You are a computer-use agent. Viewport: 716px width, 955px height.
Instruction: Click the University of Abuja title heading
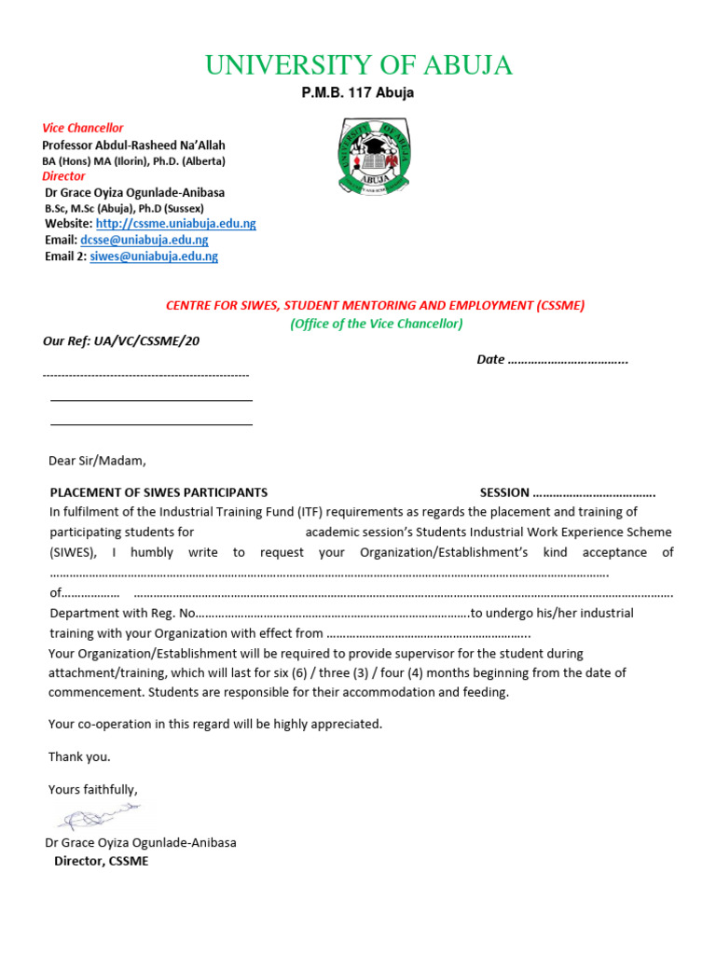click(x=358, y=65)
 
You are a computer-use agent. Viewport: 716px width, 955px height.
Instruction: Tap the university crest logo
click(x=377, y=156)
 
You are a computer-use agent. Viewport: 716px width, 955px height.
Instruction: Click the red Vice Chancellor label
click(x=82, y=128)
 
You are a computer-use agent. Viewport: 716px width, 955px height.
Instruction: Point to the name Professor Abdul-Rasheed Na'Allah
click(x=133, y=145)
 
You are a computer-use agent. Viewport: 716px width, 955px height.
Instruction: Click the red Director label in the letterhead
click(x=63, y=176)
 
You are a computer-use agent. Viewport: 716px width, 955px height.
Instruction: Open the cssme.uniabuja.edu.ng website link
click(x=175, y=224)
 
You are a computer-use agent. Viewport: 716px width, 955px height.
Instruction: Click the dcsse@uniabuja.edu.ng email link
click(x=145, y=240)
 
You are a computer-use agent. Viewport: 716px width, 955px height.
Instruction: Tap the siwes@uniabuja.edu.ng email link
click(x=154, y=256)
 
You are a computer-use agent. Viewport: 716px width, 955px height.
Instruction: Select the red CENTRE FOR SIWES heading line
click(x=375, y=305)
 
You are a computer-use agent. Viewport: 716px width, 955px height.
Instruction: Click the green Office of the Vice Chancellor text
click(x=376, y=324)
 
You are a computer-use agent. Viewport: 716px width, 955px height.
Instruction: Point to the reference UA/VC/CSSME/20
click(x=121, y=340)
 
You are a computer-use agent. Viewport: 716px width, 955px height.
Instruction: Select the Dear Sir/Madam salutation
click(x=97, y=460)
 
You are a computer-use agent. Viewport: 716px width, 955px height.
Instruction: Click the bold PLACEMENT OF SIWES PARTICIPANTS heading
click(x=158, y=492)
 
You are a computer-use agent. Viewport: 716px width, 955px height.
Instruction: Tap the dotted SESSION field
click(x=593, y=492)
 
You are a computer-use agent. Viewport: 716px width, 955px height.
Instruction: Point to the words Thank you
click(x=79, y=756)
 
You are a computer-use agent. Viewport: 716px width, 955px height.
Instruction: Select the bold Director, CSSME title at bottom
click(x=101, y=861)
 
